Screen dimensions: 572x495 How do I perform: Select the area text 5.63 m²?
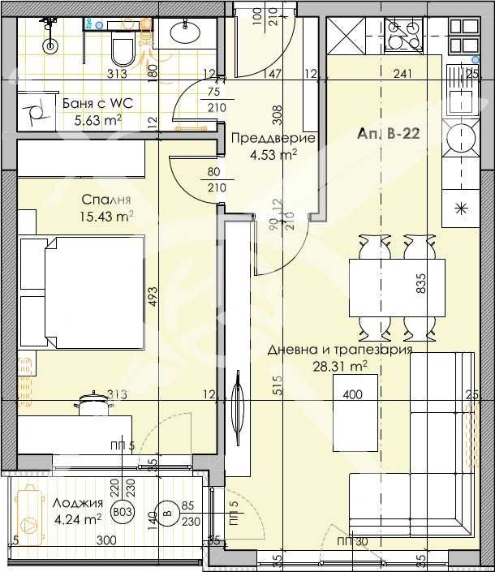[x=97, y=120]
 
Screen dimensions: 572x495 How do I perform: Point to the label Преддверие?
[x=262, y=137]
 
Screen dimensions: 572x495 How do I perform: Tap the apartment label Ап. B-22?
[x=387, y=135]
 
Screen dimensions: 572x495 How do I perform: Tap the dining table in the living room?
[x=398, y=289]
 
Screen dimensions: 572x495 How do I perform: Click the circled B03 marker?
[x=123, y=512]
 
